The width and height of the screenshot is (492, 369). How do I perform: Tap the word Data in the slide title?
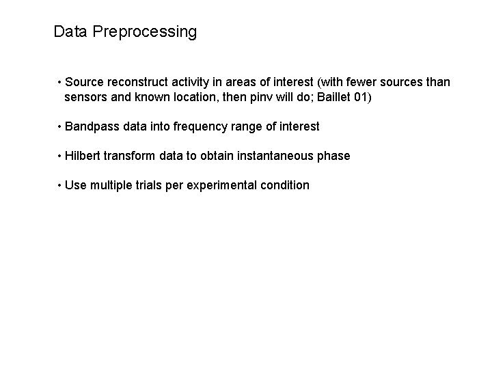pyautogui.click(x=70, y=31)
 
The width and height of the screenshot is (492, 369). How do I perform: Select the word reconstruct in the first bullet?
pyautogui.click(x=137, y=82)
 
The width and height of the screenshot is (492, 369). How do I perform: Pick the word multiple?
pyautogui.click(x=111, y=185)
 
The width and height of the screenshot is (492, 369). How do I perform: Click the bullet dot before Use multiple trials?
pyautogui.click(x=61, y=185)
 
